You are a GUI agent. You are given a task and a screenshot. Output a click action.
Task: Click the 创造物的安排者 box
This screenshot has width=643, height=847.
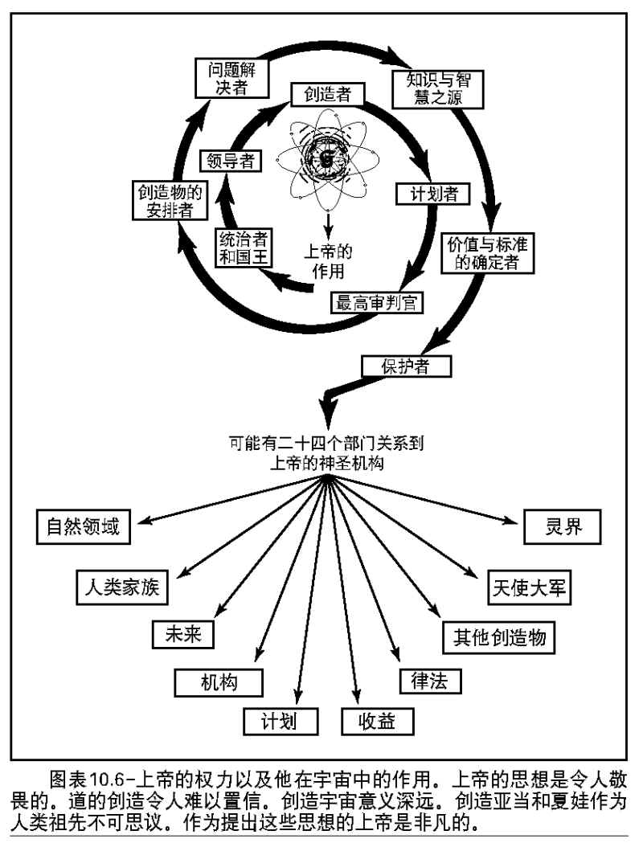(167, 202)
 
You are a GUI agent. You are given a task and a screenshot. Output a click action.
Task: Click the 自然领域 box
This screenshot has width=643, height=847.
(83, 527)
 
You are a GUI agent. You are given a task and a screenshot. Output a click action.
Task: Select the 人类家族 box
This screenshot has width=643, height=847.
(121, 586)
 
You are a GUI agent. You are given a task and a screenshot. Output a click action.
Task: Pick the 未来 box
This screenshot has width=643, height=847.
(184, 633)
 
